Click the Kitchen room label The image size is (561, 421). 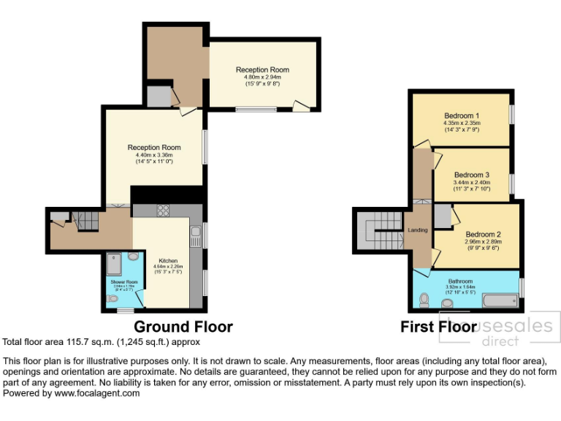tap(168, 260)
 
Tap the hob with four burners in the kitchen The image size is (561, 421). tap(163, 211)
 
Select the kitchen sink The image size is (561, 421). tap(196, 235)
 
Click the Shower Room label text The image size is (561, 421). tap(124, 281)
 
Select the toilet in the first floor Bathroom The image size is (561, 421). tap(425, 298)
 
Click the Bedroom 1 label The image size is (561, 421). tap(462, 115)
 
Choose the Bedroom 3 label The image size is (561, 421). tap(471, 175)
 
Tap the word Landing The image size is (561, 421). tap(418, 230)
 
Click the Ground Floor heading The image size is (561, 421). tap(183, 327)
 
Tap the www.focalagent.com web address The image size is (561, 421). tap(102, 393)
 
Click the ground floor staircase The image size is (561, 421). tap(87, 218)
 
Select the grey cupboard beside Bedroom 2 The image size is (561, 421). tap(442, 215)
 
